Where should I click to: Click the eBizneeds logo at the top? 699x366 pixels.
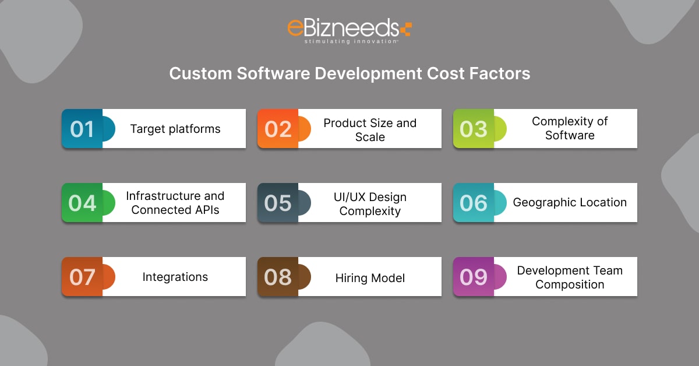tap(349, 31)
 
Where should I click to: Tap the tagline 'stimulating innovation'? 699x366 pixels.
tap(351, 41)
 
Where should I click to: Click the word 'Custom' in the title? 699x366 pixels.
tap(200, 73)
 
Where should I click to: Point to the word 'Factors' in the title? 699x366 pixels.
tap(500, 73)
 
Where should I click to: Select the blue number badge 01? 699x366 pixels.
tap(82, 129)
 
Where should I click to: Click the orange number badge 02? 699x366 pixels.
tap(278, 129)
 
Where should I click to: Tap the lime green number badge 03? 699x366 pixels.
tap(474, 129)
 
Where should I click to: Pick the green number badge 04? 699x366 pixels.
tap(82, 203)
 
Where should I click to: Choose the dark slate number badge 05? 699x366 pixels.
tap(278, 203)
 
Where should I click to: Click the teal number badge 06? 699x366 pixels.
tap(474, 203)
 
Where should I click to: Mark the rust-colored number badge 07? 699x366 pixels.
tap(82, 277)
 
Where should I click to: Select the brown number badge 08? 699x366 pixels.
tap(278, 277)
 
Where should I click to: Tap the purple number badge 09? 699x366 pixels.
tap(474, 277)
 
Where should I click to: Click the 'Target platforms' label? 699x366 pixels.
tap(175, 129)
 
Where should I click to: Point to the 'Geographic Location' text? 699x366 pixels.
tap(570, 202)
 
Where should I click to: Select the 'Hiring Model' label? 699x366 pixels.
tap(370, 278)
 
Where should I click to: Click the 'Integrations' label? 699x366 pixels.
tap(175, 277)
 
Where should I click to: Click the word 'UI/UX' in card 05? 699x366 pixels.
tap(349, 197)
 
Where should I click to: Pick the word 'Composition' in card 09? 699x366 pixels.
tap(570, 284)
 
